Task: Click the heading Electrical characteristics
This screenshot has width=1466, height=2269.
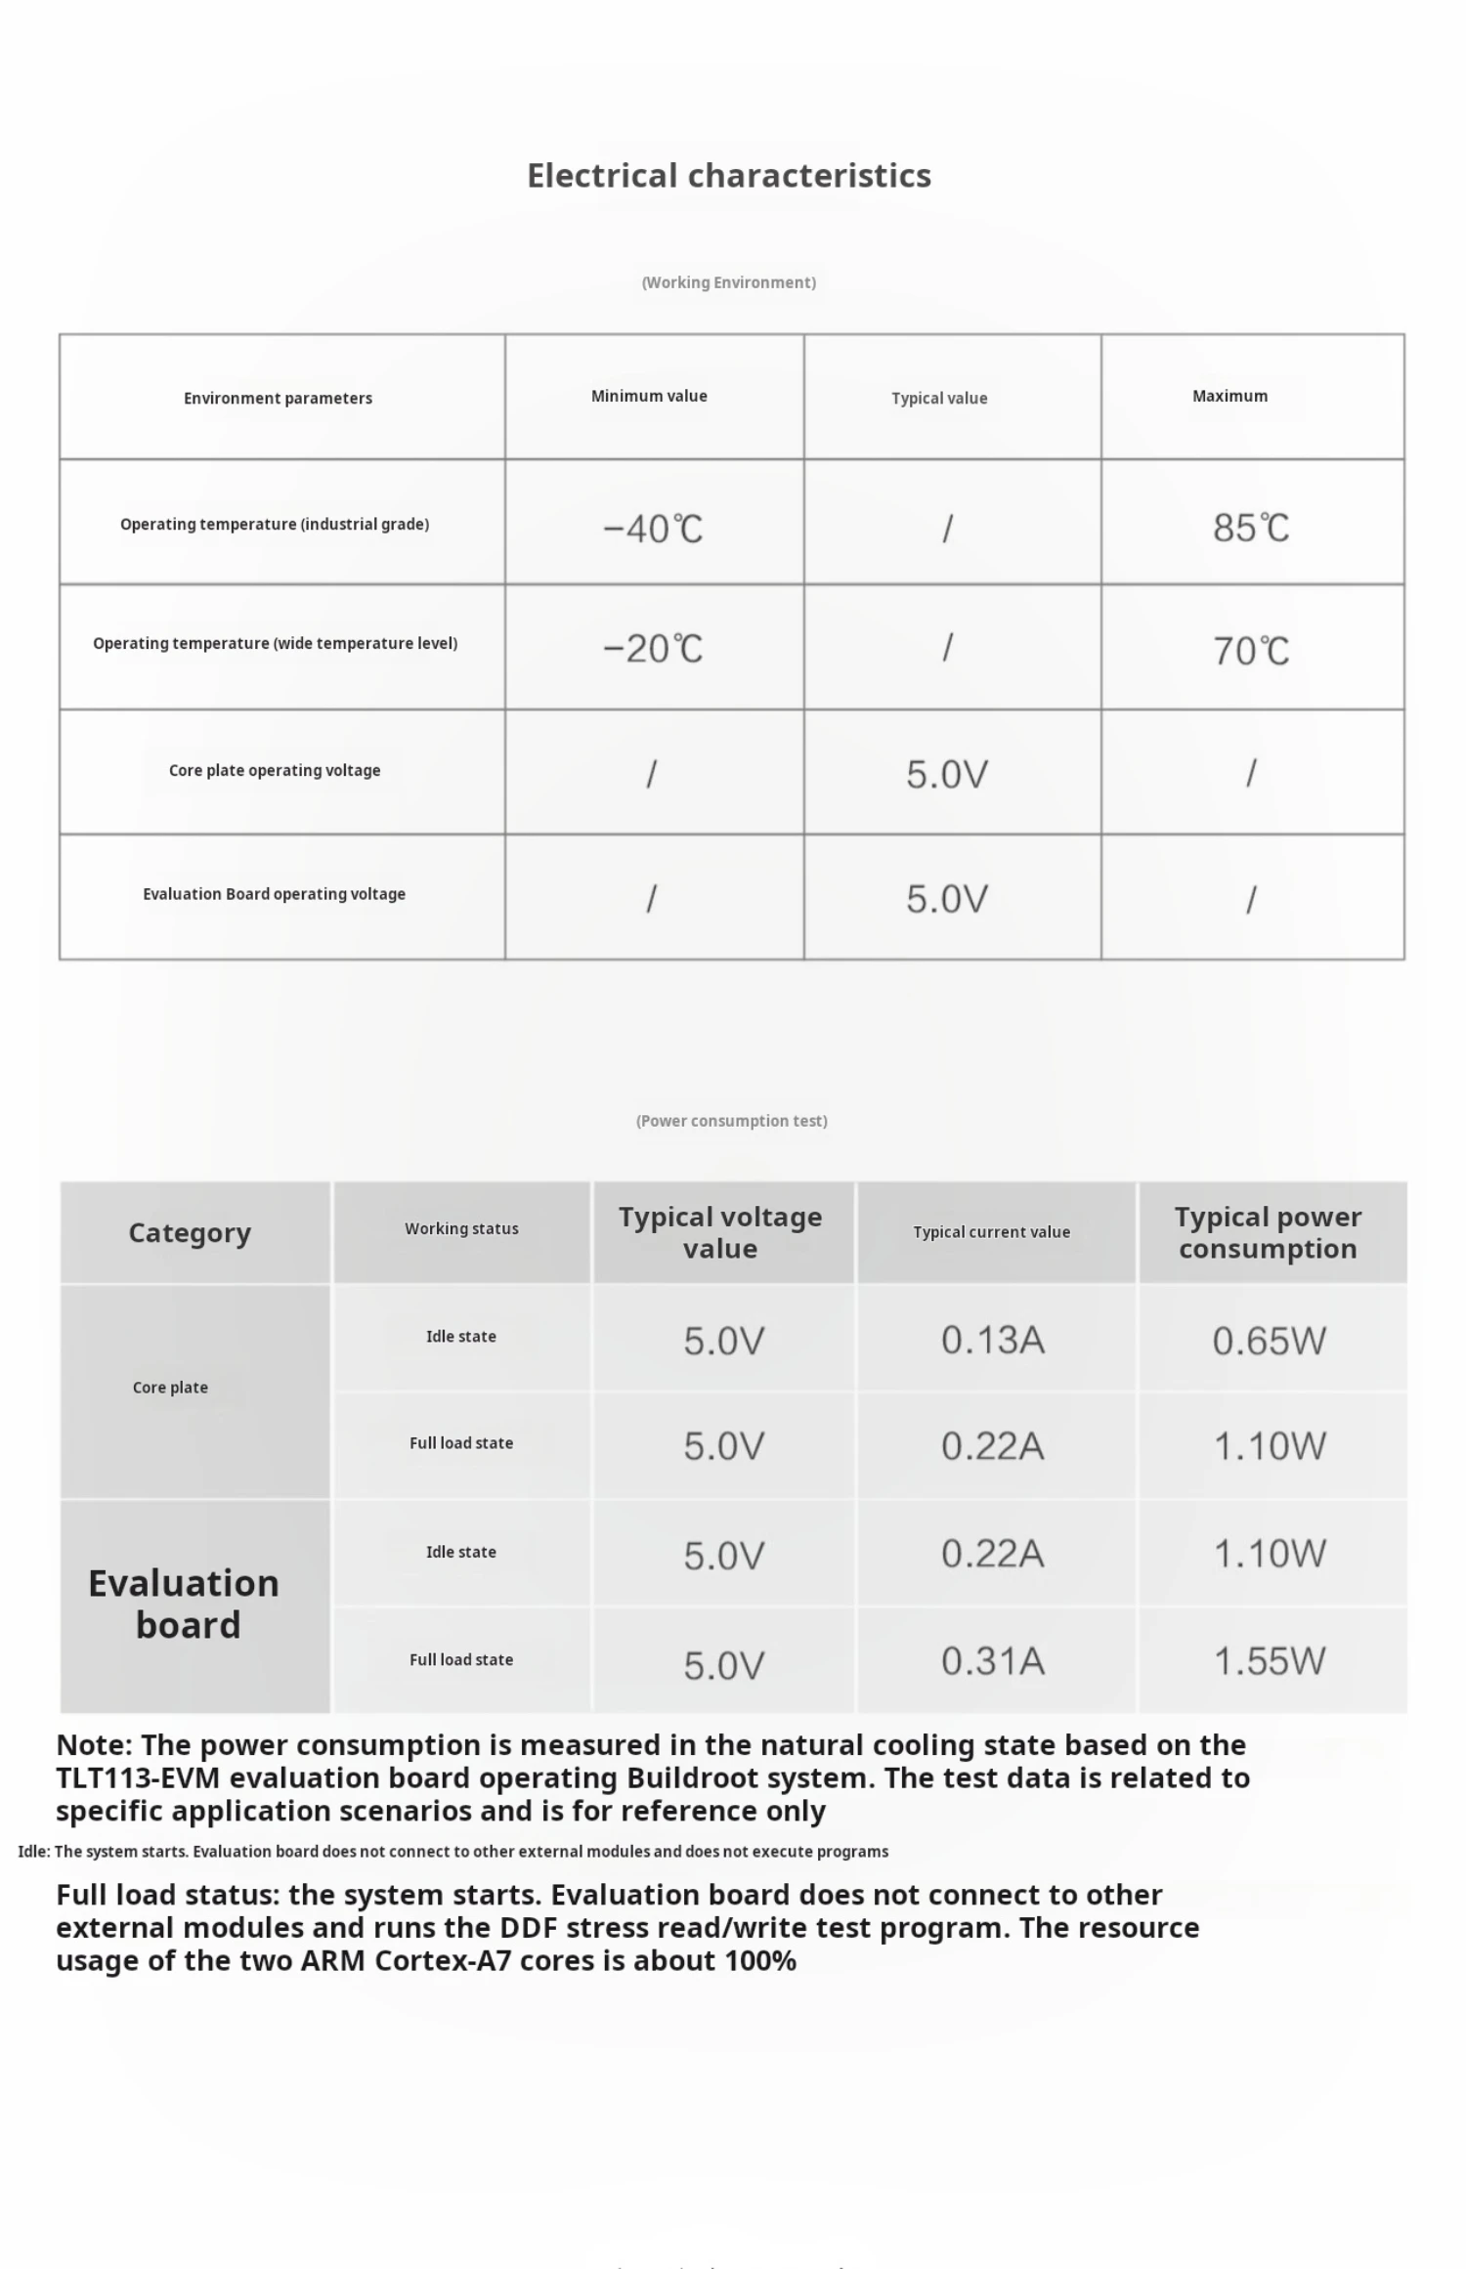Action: (x=728, y=176)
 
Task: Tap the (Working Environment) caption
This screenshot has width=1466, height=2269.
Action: (x=728, y=282)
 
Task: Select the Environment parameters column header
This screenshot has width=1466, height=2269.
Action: (x=278, y=398)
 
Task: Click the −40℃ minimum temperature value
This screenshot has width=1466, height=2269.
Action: (x=652, y=529)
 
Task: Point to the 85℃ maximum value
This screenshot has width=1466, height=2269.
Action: (x=1250, y=528)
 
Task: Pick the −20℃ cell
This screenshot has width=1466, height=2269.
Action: (x=652, y=649)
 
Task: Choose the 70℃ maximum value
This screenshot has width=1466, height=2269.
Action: (x=1250, y=651)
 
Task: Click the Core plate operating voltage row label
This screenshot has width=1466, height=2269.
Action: (x=275, y=770)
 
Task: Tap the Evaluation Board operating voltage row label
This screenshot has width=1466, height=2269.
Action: (x=274, y=894)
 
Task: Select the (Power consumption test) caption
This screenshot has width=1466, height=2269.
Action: (x=731, y=1121)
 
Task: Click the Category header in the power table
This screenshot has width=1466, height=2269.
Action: (x=190, y=1233)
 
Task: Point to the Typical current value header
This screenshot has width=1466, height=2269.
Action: (x=991, y=1232)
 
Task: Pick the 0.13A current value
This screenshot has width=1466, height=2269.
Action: (x=993, y=1340)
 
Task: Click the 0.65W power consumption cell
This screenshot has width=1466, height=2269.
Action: (x=1269, y=1341)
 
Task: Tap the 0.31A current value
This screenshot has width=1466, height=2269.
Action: (x=993, y=1661)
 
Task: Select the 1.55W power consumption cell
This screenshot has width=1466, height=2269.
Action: (x=1269, y=1661)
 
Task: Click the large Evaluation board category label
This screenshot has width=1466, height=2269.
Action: (x=185, y=1604)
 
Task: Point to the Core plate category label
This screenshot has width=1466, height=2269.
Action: (x=170, y=1388)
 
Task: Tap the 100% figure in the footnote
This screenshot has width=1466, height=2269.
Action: (x=759, y=1960)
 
